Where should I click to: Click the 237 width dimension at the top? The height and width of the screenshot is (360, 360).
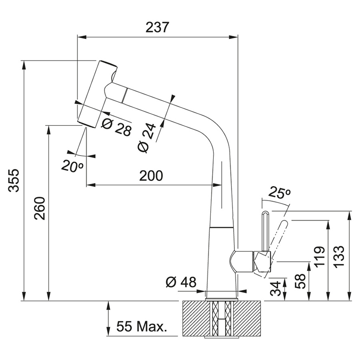click(x=158, y=27)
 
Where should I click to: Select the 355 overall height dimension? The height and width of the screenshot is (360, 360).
click(x=14, y=180)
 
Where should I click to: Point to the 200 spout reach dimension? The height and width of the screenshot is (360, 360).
click(x=151, y=175)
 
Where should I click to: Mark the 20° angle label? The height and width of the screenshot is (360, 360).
click(x=72, y=166)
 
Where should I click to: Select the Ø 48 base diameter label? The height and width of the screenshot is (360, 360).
click(x=181, y=282)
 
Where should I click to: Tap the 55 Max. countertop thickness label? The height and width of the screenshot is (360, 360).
click(x=141, y=327)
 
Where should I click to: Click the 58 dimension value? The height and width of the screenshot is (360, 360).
click(x=300, y=281)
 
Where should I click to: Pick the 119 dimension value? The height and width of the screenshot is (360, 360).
click(x=319, y=257)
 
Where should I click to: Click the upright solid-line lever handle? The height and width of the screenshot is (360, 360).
click(x=265, y=231)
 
